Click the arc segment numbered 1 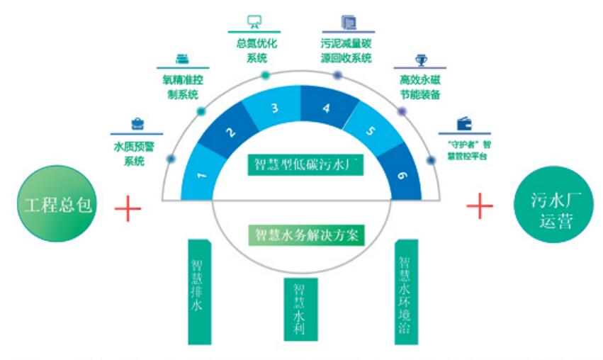[202, 172]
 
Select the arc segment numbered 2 [229, 133]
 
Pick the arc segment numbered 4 [326, 109]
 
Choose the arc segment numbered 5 [370, 132]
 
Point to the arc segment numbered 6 [401, 174]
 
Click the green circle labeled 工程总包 [59, 205]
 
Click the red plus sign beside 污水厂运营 [480, 206]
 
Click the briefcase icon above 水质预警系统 [137, 123]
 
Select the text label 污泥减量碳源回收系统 [346, 52]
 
